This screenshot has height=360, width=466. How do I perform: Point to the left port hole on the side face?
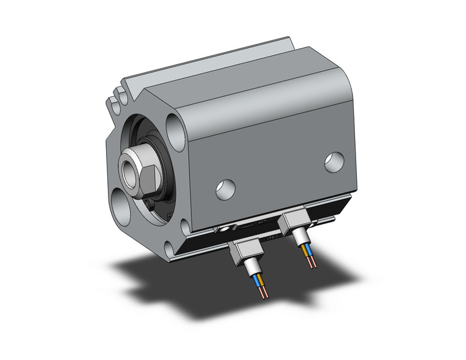tap(225, 189)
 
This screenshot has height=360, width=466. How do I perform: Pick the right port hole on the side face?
tap(335, 161)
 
